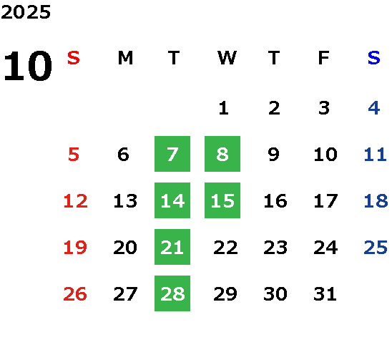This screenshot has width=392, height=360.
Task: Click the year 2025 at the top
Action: point(26,11)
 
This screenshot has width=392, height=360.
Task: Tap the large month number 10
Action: point(28,66)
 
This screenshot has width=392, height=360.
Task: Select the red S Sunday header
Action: point(74,58)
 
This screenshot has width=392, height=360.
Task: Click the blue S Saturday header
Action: point(374,58)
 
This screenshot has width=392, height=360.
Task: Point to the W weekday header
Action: point(227,58)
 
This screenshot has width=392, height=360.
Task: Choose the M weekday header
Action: point(125,58)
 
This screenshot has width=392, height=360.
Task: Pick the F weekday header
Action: point(324,58)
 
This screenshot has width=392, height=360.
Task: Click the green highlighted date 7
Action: point(172,154)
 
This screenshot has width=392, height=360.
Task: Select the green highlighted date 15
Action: point(222,200)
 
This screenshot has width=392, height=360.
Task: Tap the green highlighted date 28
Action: point(172,293)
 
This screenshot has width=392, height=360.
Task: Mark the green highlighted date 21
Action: point(172,247)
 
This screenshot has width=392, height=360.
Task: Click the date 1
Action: point(223,108)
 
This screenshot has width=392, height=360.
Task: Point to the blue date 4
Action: point(374,108)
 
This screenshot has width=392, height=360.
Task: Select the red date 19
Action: point(75,248)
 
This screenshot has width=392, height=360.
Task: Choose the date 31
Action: point(325,294)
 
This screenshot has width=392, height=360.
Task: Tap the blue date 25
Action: point(376,248)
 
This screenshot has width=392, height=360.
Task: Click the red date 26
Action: point(75,294)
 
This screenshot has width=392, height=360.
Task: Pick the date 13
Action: point(125,201)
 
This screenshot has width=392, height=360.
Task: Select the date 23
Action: point(275,248)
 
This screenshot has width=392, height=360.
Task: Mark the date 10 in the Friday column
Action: point(325,155)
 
